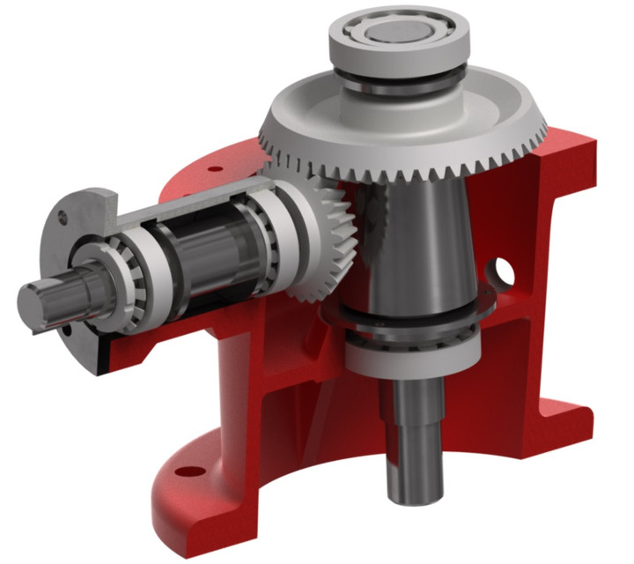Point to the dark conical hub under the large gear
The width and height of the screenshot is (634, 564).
[x=414, y=247]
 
